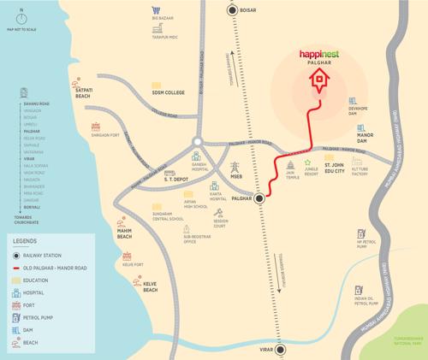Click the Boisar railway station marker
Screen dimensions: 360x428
232,10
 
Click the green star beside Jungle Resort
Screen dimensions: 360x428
307,160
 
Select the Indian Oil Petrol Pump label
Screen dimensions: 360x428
366,301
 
